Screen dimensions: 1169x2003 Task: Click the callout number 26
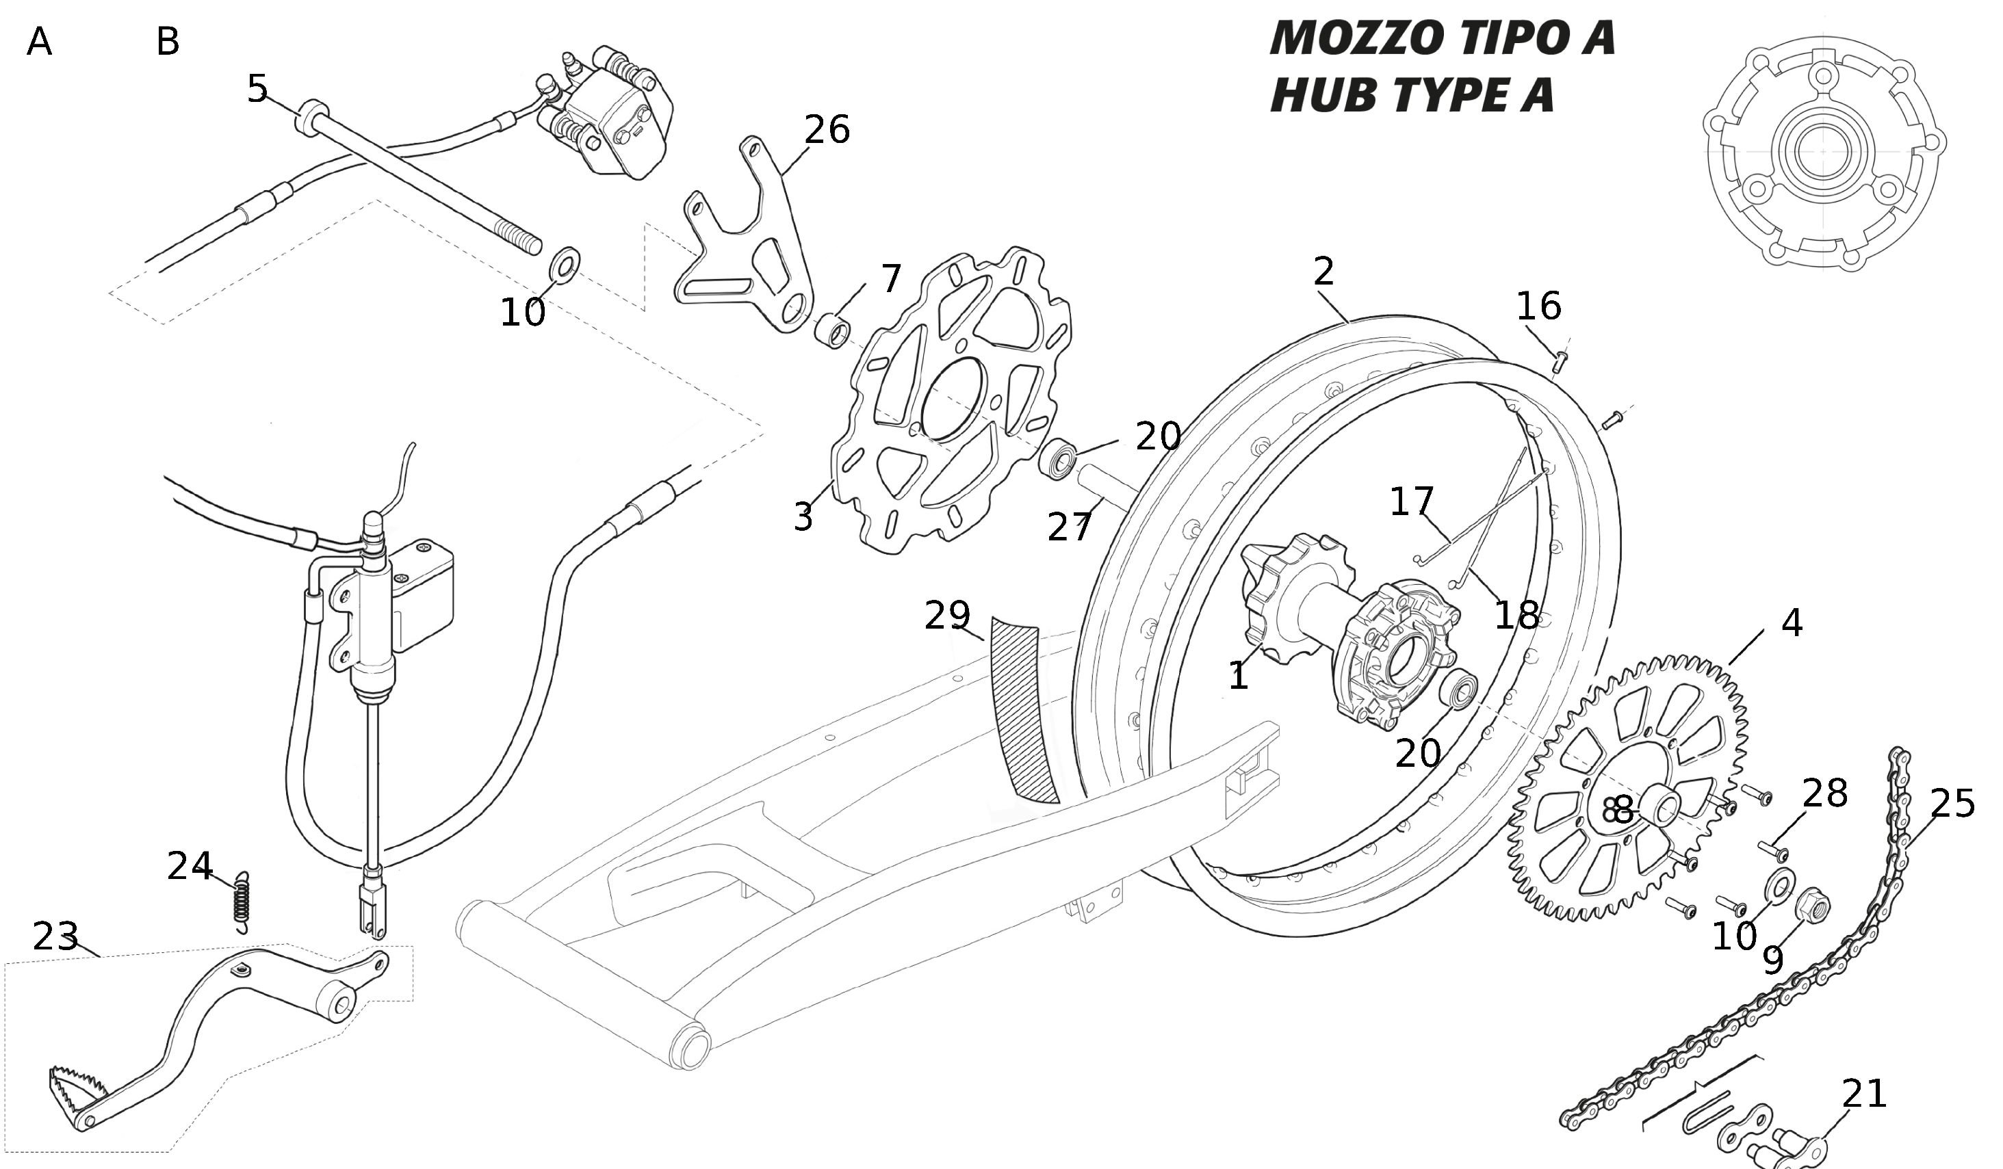pos(827,129)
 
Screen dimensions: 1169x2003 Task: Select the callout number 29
pos(948,615)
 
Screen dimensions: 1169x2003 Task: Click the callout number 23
pos(55,937)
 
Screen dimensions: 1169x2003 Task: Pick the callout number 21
pos(1864,1094)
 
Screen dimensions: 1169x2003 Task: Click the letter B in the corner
pos(168,41)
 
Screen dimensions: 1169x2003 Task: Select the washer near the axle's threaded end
pos(565,264)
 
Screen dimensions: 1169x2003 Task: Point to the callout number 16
pos(1539,306)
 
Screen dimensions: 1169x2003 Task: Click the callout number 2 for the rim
pos(1323,272)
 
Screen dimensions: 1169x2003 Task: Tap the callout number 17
pos(1412,501)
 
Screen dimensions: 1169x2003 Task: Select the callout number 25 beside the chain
pos(1952,804)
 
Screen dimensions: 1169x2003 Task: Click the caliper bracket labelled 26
pos(747,239)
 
